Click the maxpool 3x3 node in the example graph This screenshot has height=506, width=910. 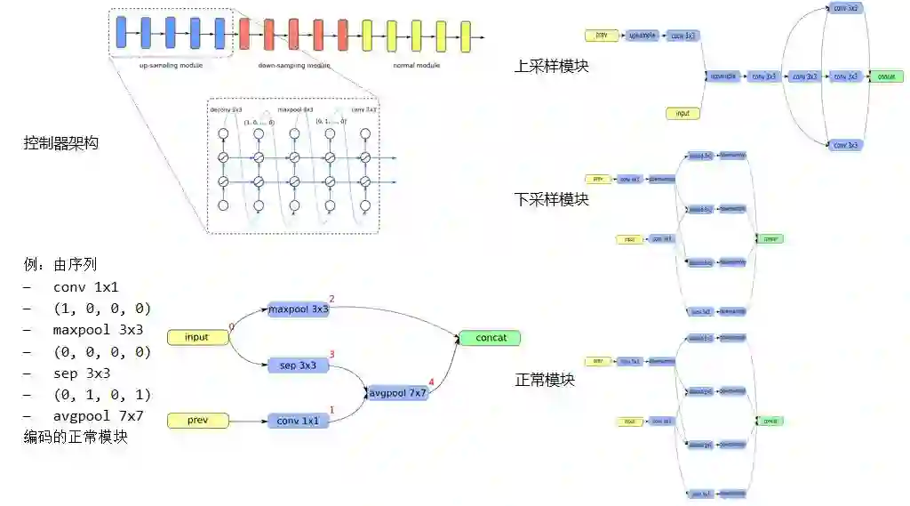[x=299, y=309]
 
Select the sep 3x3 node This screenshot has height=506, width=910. [x=299, y=365]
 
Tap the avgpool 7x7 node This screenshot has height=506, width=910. [x=399, y=391]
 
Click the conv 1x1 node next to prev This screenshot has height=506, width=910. [x=299, y=421]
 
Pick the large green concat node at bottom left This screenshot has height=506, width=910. [x=489, y=338]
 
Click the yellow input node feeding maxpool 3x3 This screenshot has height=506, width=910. [x=196, y=337]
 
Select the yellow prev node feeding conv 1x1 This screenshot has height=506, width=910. [x=196, y=421]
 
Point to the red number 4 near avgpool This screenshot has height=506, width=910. [x=432, y=383]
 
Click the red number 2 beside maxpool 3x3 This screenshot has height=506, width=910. [x=331, y=299]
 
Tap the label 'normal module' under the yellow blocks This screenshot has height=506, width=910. [x=416, y=66]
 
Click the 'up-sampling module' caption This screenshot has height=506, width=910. [x=171, y=66]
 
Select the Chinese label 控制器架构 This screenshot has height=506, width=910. [x=60, y=141]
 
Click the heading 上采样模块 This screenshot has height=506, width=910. [x=551, y=66]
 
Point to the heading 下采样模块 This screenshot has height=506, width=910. [x=551, y=198]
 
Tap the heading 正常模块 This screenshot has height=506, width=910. [x=545, y=380]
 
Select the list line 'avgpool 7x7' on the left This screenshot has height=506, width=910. [x=99, y=415]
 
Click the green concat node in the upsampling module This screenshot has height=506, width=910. [x=885, y=76]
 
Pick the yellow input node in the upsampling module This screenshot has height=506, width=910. [x=682, y=114]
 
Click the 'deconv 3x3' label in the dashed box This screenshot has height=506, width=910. [x=226, y=109]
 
